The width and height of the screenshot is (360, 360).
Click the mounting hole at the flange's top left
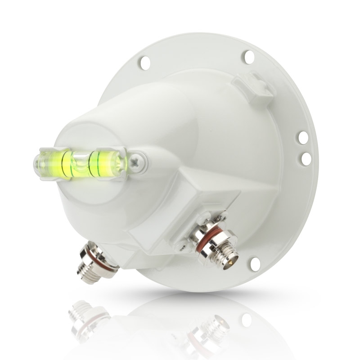144,63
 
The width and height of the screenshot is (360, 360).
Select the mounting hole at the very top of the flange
248,56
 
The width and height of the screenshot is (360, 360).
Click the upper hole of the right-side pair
303,137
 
